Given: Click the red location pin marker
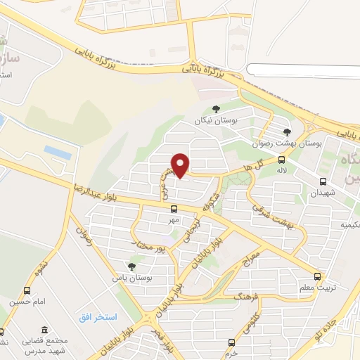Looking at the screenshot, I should tap(181, 165).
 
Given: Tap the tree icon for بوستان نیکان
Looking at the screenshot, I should tap(216, 109).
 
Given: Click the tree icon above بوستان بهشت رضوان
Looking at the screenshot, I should tap(286, 131).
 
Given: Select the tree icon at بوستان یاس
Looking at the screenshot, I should tap(131, 266).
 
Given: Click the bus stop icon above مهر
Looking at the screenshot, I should tap(174, 209).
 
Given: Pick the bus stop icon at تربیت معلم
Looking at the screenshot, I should tap(317, 276).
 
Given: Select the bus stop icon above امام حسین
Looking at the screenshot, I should tap(27, 290).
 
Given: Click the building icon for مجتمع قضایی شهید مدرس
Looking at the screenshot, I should tap(44, 330).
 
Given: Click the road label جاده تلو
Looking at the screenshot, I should tap(328, 326).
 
